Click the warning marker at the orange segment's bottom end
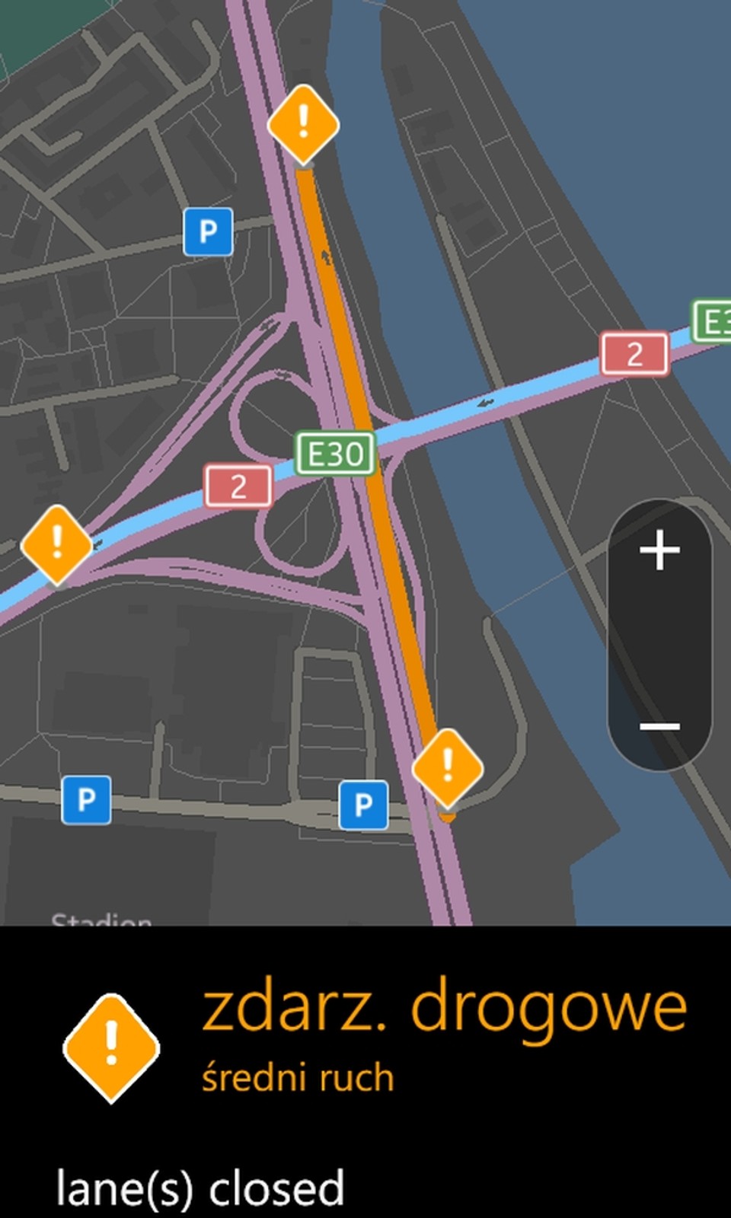pos(447,766)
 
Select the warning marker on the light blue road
pos(56,544)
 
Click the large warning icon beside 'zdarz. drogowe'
pos(111,1047)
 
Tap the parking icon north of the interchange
pos(208,231)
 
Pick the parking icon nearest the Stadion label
pos(86,800)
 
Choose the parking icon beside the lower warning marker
pos(363,804)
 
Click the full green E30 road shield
pos(335,454)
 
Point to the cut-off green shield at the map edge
pos(713,320)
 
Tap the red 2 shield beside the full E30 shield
pos(238,486)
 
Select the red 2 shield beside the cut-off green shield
pos(634,354)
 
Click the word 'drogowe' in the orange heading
pos(548,1009)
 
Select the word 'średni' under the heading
pos(254,1078)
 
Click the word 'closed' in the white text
pos(276,1189)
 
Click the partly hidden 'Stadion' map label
pos(101,920)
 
